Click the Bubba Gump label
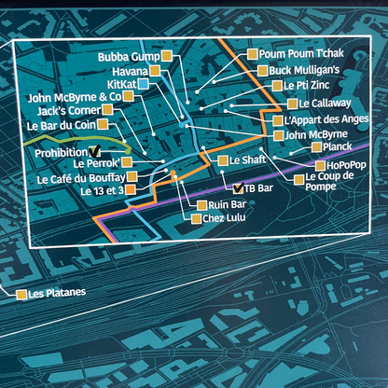point(129,57)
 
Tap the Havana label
point(137,71)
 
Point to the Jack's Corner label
point(64,111)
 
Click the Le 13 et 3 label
point(96,192)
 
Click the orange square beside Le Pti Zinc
point(263,85)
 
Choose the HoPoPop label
point(322,164)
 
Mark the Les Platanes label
point(57,294)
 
